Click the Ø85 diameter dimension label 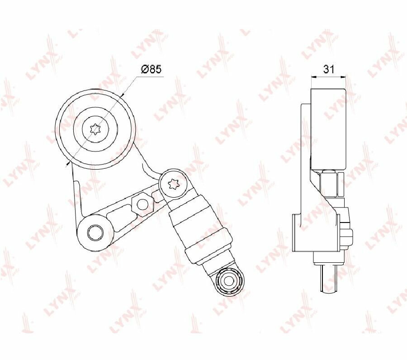[x=151, y=69]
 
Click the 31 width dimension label [x=329, y=69]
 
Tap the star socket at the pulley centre [x=96, y=129]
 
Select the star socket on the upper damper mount [x=173, y=184]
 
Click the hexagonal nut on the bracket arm [x=141, y=204]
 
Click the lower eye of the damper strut [x=229, y=280]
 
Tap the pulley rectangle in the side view [x=328, y=129]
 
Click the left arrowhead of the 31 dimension [x=313, y=76]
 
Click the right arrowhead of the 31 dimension [x=344, y=76]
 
